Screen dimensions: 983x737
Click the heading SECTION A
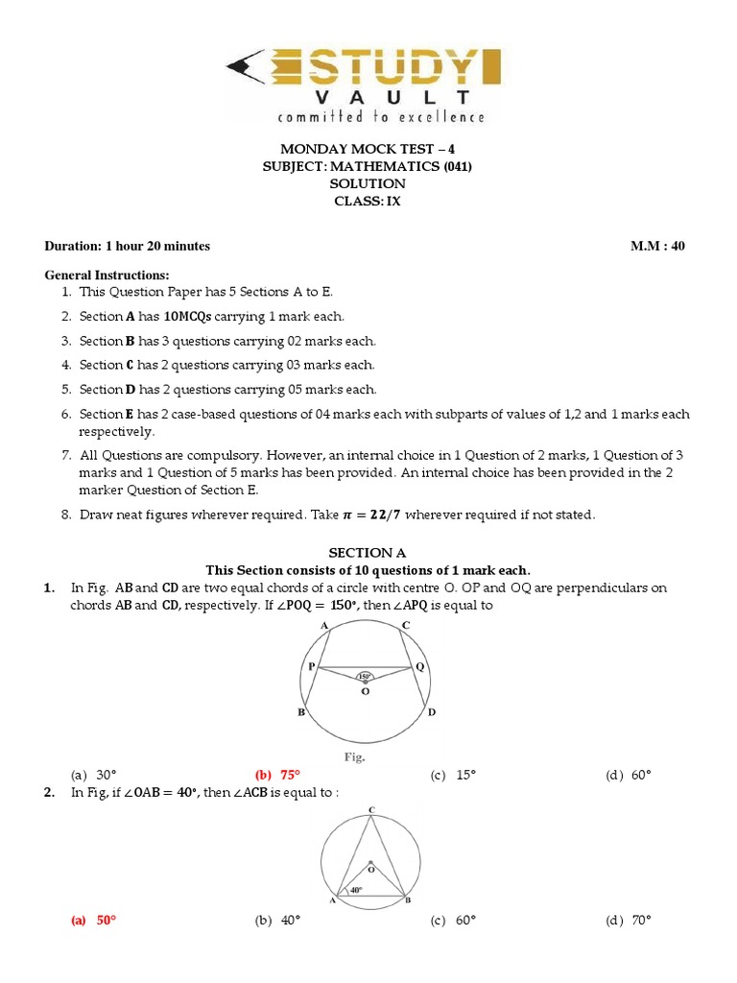point(368,553)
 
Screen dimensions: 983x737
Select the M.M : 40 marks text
point(657,246)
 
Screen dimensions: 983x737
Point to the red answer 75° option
point(277,775)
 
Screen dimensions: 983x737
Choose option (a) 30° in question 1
point(94,775)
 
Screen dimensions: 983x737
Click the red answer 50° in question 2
point(94,920)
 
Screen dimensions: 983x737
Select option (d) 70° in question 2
point(629,920)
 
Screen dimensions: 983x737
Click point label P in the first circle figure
point(311,666)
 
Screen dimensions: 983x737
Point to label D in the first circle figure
point(431,712)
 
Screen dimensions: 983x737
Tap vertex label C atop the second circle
point(370,811)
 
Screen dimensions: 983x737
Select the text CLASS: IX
point(368,201)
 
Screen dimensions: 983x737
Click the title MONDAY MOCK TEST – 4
point(368,149)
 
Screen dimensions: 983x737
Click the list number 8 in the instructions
point(66,515)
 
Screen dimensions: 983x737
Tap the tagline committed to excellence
point(381,117)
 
